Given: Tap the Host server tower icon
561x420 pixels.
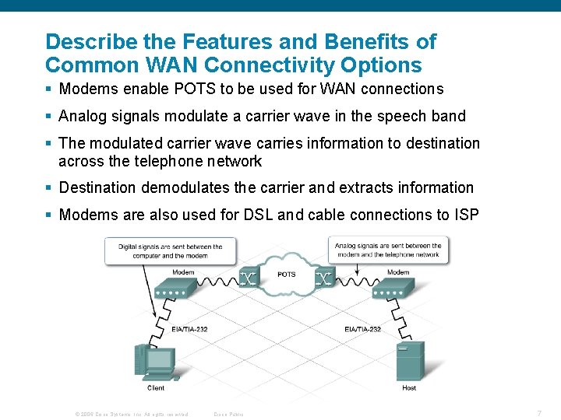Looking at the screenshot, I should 409,360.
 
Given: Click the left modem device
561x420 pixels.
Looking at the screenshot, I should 175,289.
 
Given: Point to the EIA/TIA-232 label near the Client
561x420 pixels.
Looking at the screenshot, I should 189,329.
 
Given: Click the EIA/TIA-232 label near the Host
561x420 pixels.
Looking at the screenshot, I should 362,329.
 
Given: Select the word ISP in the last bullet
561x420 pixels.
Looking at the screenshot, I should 466,215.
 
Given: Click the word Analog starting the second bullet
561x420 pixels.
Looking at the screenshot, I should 81,117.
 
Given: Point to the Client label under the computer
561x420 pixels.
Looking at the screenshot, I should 156,387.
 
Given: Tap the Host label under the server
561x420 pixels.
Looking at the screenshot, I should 409,387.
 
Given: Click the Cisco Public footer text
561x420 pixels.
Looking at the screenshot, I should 228,414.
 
